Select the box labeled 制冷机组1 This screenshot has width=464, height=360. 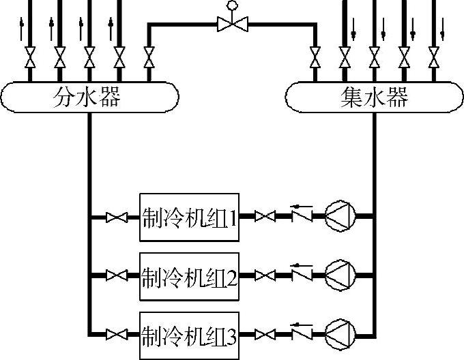coord(189,217)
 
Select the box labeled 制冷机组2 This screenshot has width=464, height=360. coord(189,276)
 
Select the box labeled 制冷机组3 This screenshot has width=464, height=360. coord(189,335)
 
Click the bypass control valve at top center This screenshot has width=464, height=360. coord(231,25)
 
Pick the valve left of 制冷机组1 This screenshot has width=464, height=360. coord(117,217)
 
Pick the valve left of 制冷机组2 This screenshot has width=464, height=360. coord(117,276)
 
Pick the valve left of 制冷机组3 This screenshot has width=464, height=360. coord(117,335)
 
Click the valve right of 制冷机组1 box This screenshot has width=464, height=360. coord(265,217)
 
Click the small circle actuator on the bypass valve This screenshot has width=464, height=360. coord(231,5)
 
